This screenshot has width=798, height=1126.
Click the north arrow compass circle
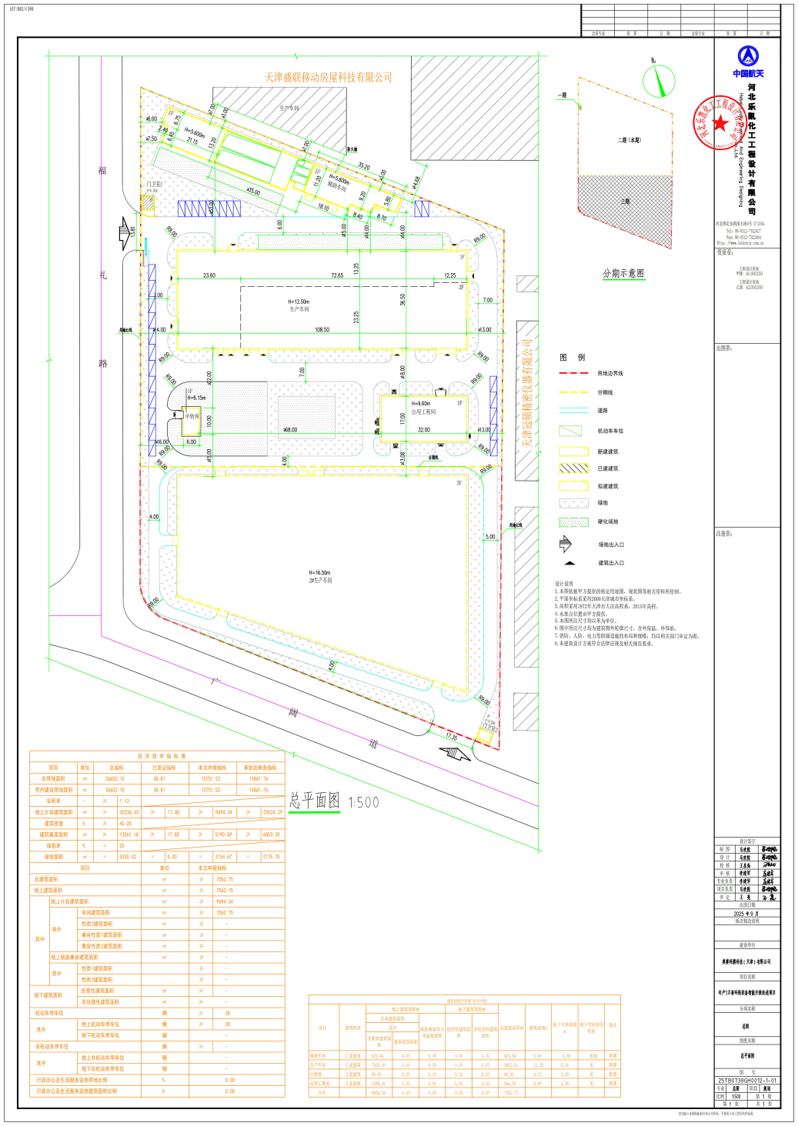click(x=659, y=81)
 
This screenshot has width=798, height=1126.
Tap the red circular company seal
click(x=718, y=122)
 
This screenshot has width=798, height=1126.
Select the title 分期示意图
click(x=623, y=274)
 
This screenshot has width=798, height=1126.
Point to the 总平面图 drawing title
click(x=315, y=801)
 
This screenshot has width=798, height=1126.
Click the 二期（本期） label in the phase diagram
click(x=629, y=140)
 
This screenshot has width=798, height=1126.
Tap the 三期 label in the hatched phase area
click(x=625, y=202)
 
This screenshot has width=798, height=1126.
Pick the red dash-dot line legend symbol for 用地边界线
click(x=573, y=373)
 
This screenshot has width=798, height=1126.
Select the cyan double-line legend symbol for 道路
click(x=573, y=411)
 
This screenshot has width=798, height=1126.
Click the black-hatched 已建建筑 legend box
click(x=573, y=468)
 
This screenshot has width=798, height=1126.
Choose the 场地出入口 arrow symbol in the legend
click(x=566, y=545)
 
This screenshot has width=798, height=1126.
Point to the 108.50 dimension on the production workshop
click(x=322, y=330)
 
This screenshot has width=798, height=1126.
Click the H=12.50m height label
click(x=299, y=301)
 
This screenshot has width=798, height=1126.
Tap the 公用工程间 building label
click(x=423, y=412)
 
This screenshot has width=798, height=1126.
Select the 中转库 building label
click(x=192, y=416)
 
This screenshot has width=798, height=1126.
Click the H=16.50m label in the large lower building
click(x=319, y=572)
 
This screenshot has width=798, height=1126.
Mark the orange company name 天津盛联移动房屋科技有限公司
click(x=329, y=78)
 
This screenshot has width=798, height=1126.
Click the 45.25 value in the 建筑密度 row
click(x=125, y=823)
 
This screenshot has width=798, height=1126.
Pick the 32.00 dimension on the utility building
click(x=424, y=430)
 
